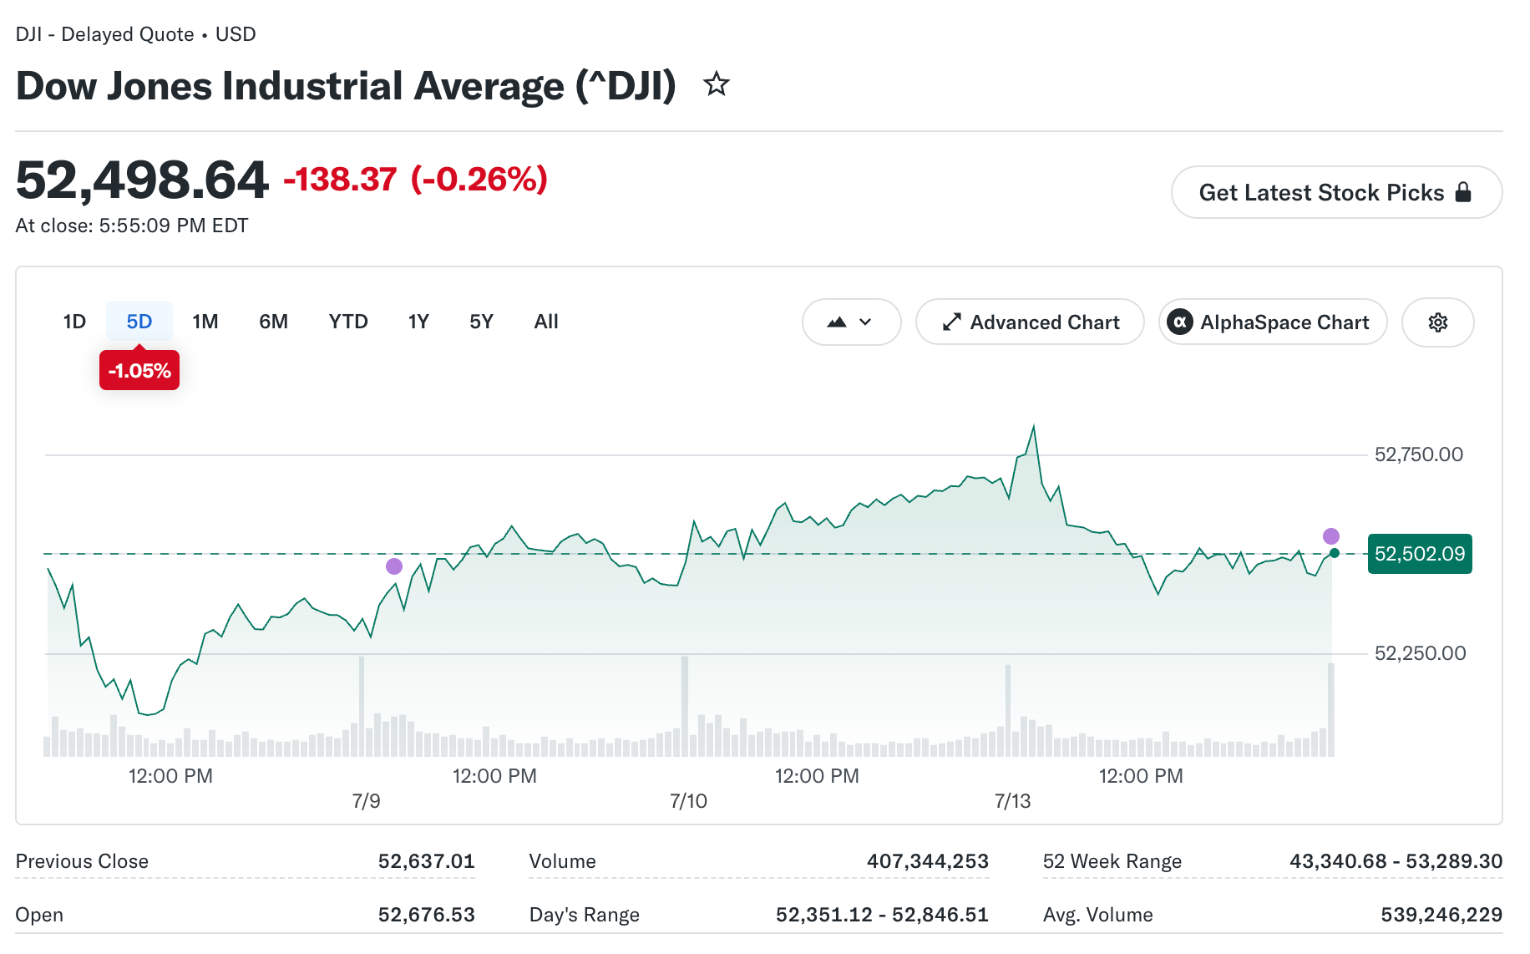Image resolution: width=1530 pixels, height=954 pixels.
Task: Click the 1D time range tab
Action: [x=74, y=322]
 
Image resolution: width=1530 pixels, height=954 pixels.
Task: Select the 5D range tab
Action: [x=139, y=322]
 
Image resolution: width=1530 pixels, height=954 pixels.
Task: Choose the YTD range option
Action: [x=348, y=322]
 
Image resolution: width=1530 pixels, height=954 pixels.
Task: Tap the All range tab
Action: [x=546, y=322]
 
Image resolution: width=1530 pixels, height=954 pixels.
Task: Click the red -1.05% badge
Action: [x=139, y=370]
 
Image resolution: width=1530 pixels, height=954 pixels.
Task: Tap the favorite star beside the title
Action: [x=716, y=84]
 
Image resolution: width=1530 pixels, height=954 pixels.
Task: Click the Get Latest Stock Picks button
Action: [x=1336, y=192]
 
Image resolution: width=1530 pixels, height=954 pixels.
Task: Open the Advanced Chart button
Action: [x=1030, y=322]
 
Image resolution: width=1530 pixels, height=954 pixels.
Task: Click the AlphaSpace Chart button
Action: [x=1273, y=322]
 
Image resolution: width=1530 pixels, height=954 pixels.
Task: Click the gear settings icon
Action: [x=1437, y=322]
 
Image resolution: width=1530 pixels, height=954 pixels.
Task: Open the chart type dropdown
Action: [x=851, y=322]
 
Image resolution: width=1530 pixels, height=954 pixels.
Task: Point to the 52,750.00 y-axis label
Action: [x=1419, y=454]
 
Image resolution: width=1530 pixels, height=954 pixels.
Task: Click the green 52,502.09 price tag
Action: [x=1420, y=554]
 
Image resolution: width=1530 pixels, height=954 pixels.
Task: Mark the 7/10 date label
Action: [x=688, y=801]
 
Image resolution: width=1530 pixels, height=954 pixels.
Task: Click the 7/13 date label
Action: [x=1012, y=801]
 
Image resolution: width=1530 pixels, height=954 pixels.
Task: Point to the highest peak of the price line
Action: [x=1034, y=427]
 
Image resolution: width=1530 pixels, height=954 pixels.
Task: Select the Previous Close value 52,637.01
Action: [x=426, y=861]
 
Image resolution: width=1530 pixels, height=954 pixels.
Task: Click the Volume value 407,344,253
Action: [x=927, y=861]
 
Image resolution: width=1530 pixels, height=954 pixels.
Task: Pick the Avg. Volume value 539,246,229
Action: [x=1441, y=915]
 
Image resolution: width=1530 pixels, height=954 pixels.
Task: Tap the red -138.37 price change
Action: [x=340, y=179]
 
